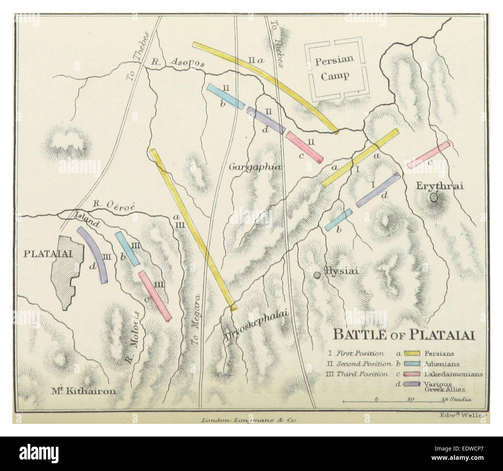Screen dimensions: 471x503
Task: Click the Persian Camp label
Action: click(332, 68)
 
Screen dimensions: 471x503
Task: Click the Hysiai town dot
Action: click(317, 275)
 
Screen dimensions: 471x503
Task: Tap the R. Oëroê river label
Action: click(114, 206)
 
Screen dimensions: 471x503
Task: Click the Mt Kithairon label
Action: click(84, 391)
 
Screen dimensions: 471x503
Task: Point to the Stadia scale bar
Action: click(408, 402)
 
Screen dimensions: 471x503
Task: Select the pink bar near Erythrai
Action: click(429, 155)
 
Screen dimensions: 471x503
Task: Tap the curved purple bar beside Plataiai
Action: click(93, 254)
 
